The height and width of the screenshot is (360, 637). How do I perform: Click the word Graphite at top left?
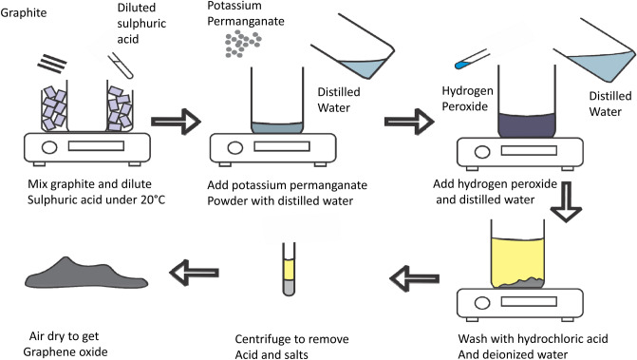pyautogui.click(x=24, y=13)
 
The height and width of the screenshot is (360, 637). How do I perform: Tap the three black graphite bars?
pyautogui.click(x=52, y=64)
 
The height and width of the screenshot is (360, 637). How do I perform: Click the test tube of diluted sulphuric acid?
pyautogui.click(x=121, y=66)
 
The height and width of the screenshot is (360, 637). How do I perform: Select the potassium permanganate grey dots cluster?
pyautogui.click(x=243, y=43)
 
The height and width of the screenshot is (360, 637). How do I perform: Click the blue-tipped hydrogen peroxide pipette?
pyautogui.click(x=473, y=59)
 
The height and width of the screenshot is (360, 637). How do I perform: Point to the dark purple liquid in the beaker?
pyautogui.click(x=527, y=125)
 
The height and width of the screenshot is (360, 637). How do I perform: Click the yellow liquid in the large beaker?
pyautogui.click(x=517, y=260)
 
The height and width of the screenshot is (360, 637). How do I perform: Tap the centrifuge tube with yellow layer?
pyautogui.click(x=289, y=269)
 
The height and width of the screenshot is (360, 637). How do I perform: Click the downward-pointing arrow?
pyautogui.click(x=566, y=201)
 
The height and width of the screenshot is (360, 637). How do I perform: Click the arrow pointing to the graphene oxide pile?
pyautogui.click(x=195, y=273)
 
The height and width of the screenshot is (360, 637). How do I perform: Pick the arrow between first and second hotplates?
pyautogui.click(x=176, y=121)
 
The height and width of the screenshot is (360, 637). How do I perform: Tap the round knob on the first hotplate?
pyautogui.click(x=49, y=146)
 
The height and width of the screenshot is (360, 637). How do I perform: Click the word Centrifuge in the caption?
pyautogui.click(x=266, y=339)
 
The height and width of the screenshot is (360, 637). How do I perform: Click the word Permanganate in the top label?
pyautogui.click(x=246, y=21)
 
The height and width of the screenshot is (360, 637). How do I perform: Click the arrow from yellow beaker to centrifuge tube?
pyautogui.click(x=414, y=278)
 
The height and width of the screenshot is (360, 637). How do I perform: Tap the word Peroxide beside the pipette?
pyautogui.click(x=465, y=106)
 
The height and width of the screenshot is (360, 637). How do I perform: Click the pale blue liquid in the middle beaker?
pyautogui.click(x=277, y=127)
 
